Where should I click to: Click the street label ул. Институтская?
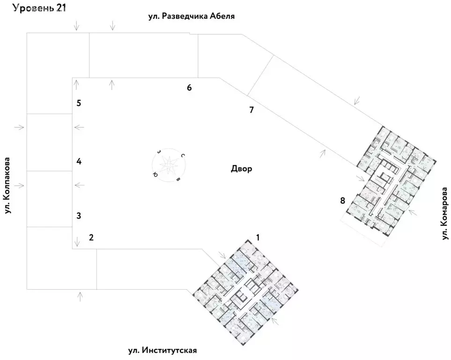tap(162, 351)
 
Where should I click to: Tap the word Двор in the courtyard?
tap(241, 169)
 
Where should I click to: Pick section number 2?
tap(91, 237)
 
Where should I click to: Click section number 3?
tap(79, 216)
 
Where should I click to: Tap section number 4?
tap(79, 162)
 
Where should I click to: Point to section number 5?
tap(79, 103)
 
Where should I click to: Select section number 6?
tap(189, 88)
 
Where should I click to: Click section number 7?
tap(251, 110)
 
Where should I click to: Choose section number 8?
tap(343, 201)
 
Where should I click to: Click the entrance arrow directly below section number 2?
tap(77, 242)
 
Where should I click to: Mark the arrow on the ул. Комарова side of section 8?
tap(413, 212)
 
